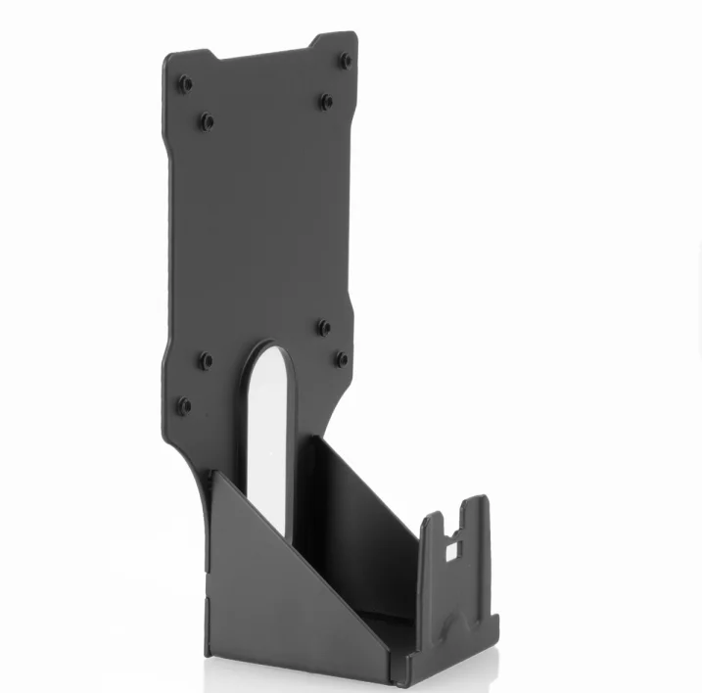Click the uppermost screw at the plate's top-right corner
coord(346,61)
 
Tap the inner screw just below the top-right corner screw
coord(326,101)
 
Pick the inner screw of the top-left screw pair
coord(207,121)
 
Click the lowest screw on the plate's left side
coord(183,403)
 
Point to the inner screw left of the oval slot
coord(206,360)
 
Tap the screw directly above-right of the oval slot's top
coord(324,327)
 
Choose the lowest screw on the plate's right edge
coord(341,359)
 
